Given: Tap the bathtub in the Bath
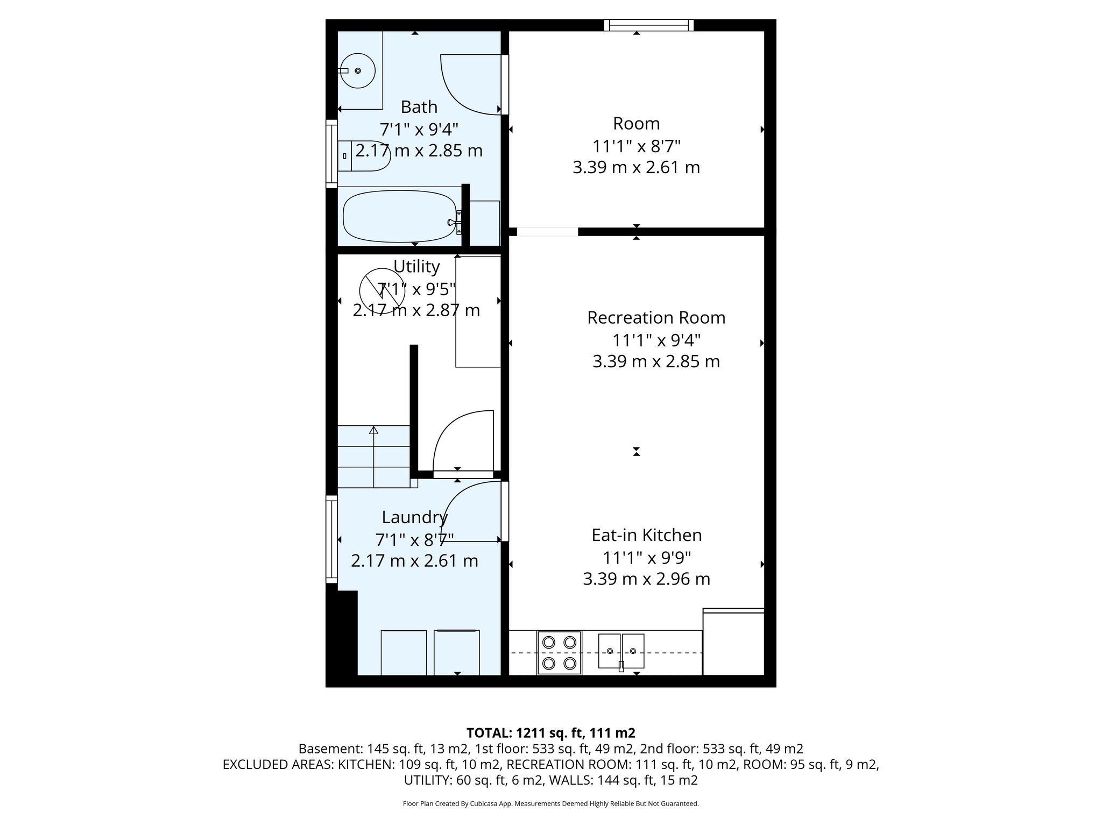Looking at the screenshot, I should pos(399,217).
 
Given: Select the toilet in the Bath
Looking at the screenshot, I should pos(363,156).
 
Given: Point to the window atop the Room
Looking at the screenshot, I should pos(648,25).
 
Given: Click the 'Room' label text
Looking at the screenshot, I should pos(636,124).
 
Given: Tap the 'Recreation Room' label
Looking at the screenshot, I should pos(656,318).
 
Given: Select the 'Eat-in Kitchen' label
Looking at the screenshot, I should pos(646,535).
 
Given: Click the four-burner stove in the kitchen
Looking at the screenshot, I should pos(559,653).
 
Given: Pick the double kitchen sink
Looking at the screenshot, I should pos(621,651).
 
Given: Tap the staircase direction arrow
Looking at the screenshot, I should pos(373,430).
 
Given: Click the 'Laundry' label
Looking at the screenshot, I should pos(414,517).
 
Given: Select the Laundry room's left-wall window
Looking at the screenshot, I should pos(331,539).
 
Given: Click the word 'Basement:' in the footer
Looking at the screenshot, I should pos(330,749).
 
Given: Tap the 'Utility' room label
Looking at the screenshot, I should pos(416,267).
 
